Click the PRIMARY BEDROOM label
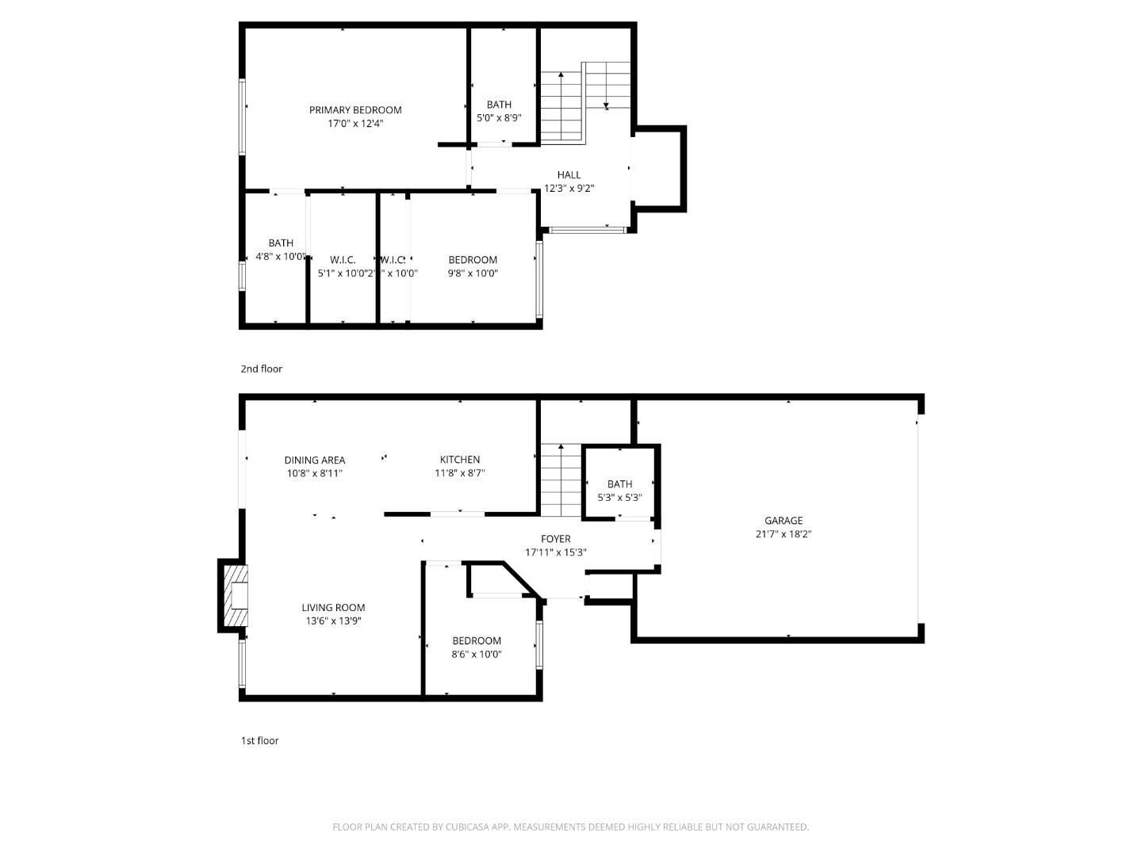point(355,110)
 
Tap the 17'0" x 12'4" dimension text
point(355,124)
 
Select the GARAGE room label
point(784,521)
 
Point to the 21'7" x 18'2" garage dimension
point(784,534)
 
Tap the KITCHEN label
point(460,460)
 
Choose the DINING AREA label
point(315,460)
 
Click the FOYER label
point(556,539)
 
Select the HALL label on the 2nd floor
point(569,175)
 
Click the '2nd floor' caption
point(262,369)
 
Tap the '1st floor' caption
point(260,740)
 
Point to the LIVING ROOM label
point(333,608)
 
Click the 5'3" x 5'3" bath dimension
point(619,498)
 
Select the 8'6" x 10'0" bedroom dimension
point(477,654)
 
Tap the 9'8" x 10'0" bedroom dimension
point(473,273)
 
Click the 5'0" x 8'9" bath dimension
point(499,118)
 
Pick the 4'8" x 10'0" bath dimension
point(281,257)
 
